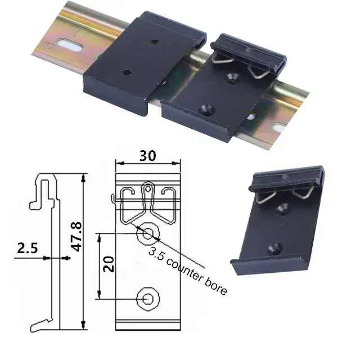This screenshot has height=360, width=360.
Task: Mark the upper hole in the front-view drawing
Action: pyautogui.click(x=148, y=232)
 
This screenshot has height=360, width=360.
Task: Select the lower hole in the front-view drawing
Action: pyautogui.click(x=148, y=298)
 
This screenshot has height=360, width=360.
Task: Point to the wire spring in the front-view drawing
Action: pyautogui.click(x=147, y=202)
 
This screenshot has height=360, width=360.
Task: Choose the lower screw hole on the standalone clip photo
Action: pyautogui.click(x=276, y=246)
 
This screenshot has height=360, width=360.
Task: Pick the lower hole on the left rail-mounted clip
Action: pyautogui.click(x=127, y=72)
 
